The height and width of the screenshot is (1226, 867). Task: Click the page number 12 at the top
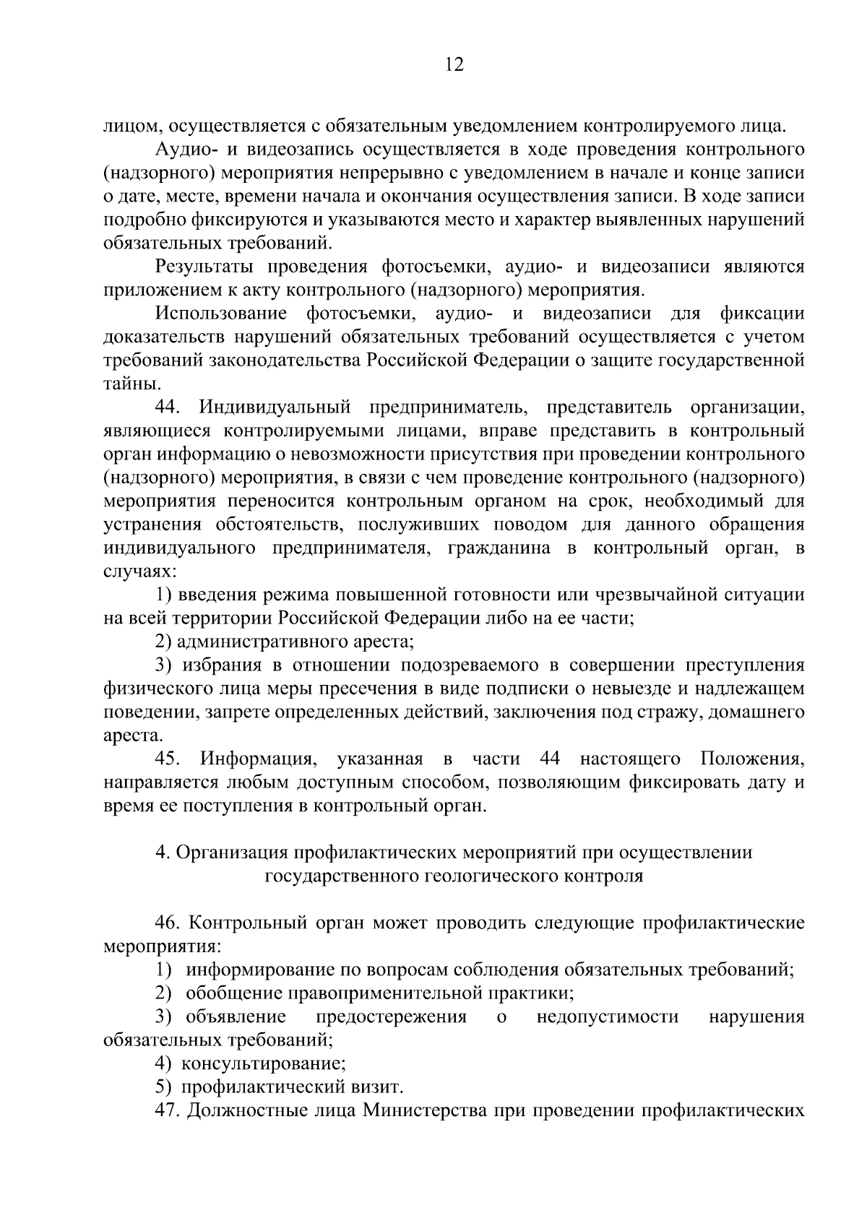[454, 66]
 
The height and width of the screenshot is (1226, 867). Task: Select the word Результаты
[205, 267]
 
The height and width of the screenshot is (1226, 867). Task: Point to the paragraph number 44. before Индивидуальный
[168, 407]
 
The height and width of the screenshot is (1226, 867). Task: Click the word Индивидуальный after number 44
[275, 407]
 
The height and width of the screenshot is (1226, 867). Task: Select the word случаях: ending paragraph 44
[139, 571]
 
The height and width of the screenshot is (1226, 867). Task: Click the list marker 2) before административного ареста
[164, 642]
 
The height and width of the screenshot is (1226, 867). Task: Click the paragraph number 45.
[168, 759]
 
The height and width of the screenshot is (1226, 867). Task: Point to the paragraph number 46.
[168, 924]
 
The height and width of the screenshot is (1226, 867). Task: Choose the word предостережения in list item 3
[391, 1017]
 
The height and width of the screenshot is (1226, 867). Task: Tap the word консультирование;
[263, 1064]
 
